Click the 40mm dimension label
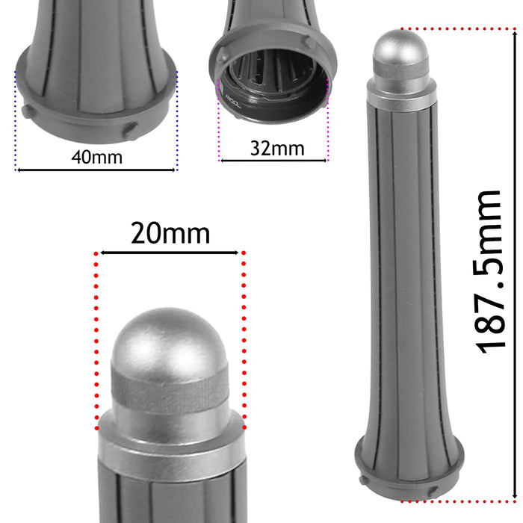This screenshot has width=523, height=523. pos(96,157)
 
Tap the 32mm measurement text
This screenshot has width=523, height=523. pos(276,148)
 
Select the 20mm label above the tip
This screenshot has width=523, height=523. pos(170,234)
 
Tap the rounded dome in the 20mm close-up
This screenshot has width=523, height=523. pos(170,336)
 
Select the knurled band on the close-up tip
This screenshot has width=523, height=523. pos(170,390)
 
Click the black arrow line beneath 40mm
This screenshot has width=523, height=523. pos(96,170)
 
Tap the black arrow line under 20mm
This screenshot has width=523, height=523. pos(170,253)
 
